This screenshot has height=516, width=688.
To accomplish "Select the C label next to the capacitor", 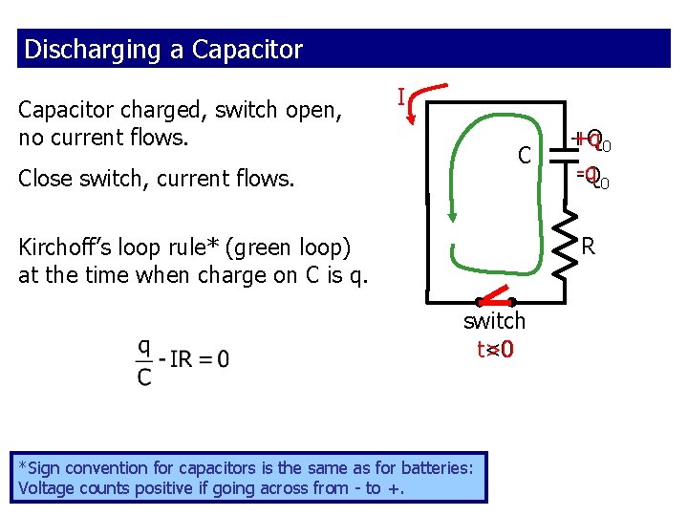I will [524, 155].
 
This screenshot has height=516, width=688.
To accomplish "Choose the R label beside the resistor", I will [589, 247].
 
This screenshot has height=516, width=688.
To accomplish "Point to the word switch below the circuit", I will [494, 321].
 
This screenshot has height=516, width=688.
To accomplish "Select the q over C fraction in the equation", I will [144, 361].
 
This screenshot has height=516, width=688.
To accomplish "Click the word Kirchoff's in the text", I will [68, 248].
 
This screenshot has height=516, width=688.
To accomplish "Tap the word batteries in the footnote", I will [436, 468].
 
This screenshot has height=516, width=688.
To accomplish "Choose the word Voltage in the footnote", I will [50, 488].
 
